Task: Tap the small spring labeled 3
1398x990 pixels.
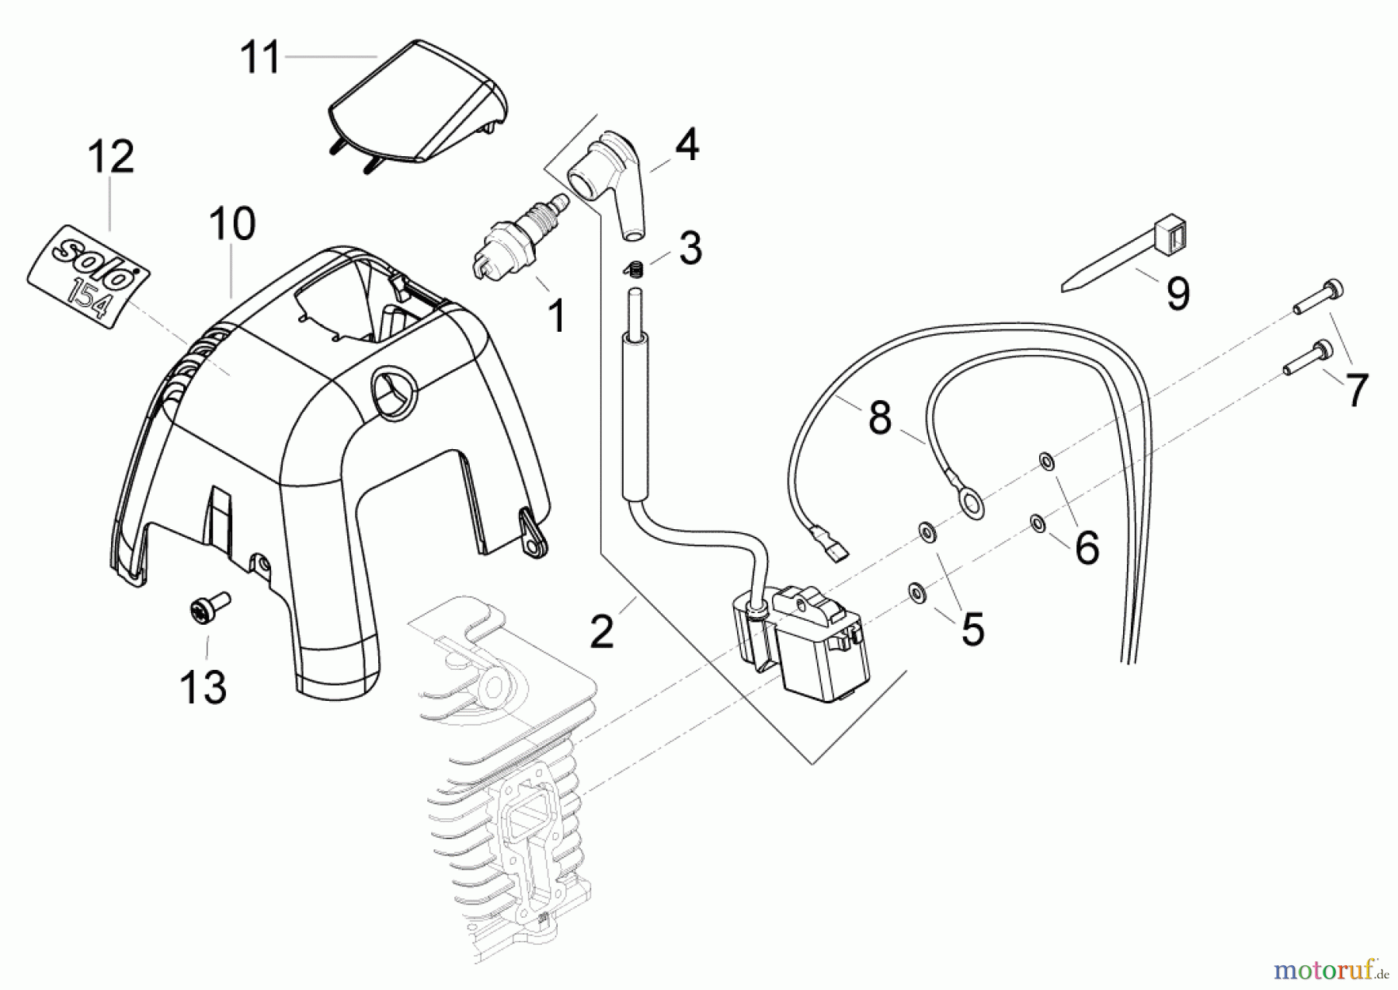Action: [635, 269]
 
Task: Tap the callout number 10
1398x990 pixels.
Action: [231, 224]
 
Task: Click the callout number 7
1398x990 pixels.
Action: [1355, 390]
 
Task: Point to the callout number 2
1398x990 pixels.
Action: [602, 631]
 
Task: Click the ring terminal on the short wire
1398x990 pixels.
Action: [972, 506]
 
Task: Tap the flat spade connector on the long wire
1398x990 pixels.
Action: [827, 545]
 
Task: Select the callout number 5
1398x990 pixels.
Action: [972, 628]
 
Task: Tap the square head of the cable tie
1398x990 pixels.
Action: [1172, 231]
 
